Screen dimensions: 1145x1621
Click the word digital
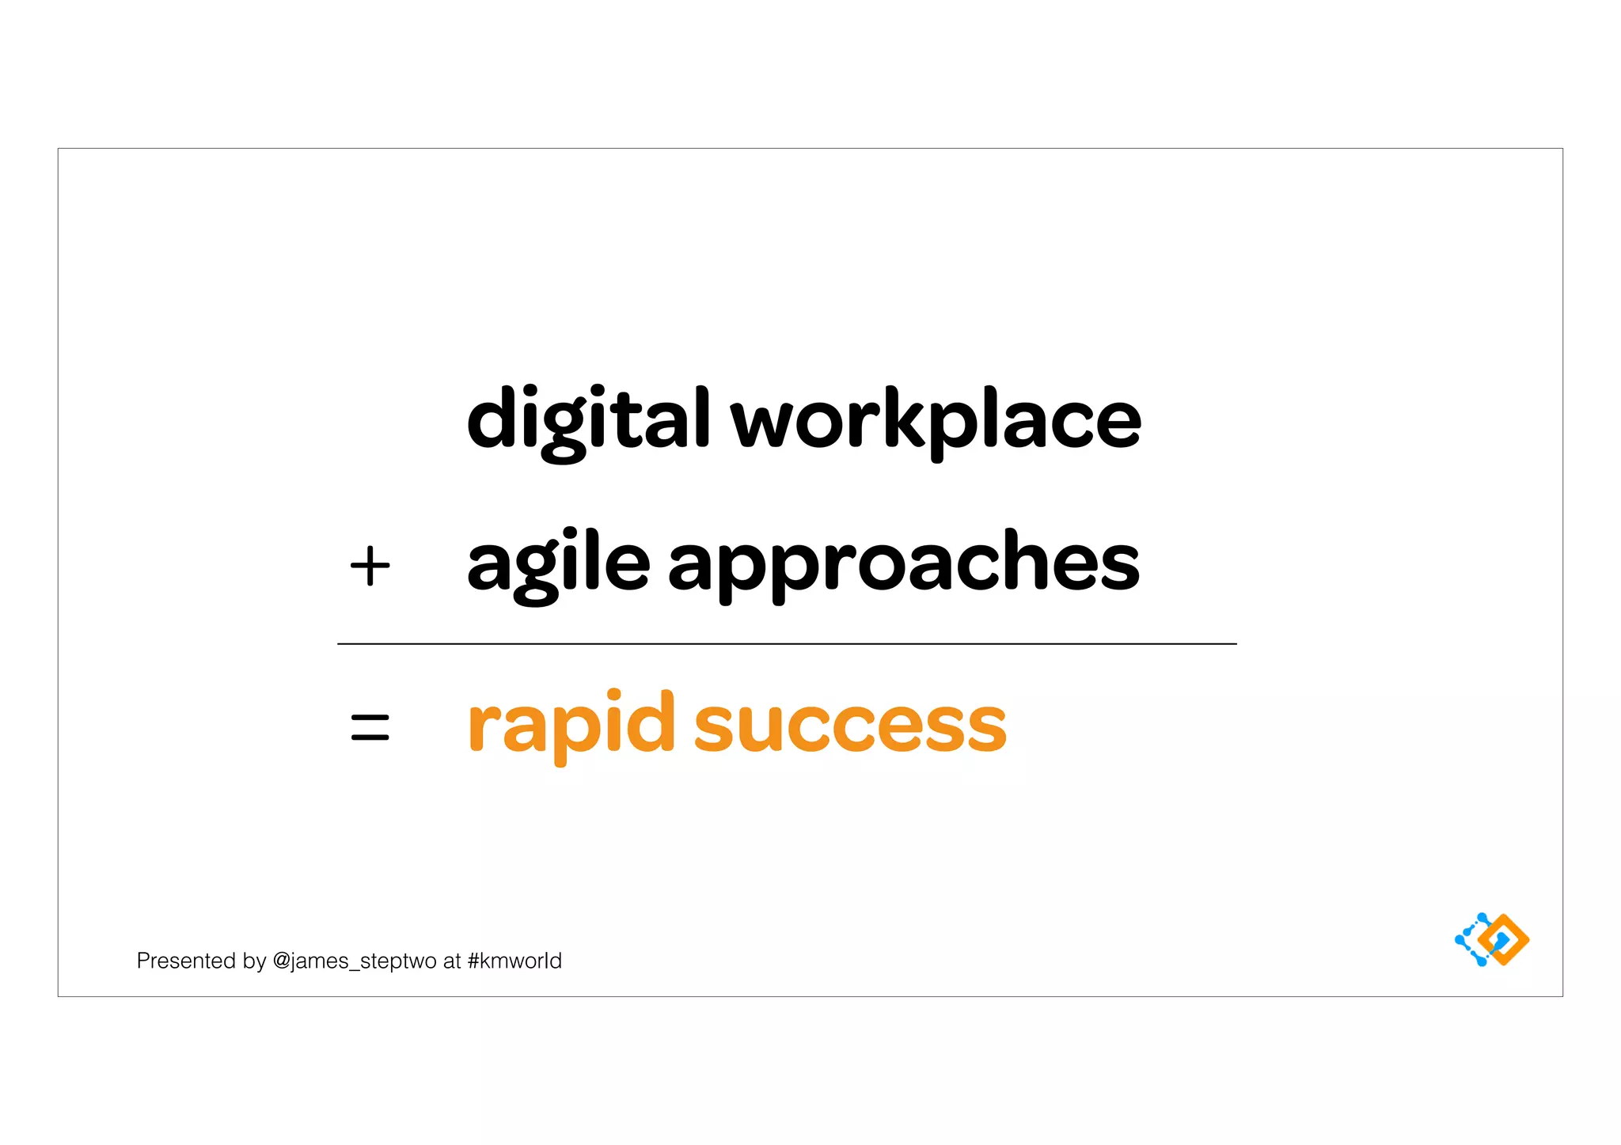point(588,419)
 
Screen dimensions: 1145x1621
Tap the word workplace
point(935,419)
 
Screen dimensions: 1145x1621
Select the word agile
point(558,563)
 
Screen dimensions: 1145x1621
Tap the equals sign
point(370,727)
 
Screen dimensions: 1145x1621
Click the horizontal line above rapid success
point(787,644)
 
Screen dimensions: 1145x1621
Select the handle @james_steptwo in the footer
point(354,961)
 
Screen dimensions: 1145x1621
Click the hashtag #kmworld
point(514,961)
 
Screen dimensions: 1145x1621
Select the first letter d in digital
point(492,418)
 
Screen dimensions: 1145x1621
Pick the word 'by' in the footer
point(254,961)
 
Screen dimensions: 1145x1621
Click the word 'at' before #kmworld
point(451,961)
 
